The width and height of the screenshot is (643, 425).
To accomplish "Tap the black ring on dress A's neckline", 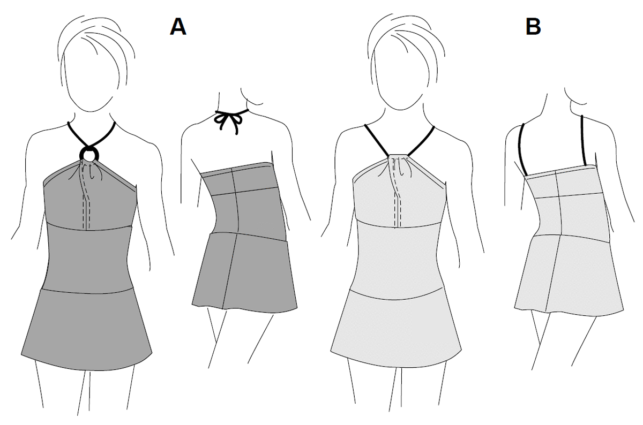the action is (89, 155).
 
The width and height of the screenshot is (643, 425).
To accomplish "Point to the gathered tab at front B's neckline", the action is (397, 158).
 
